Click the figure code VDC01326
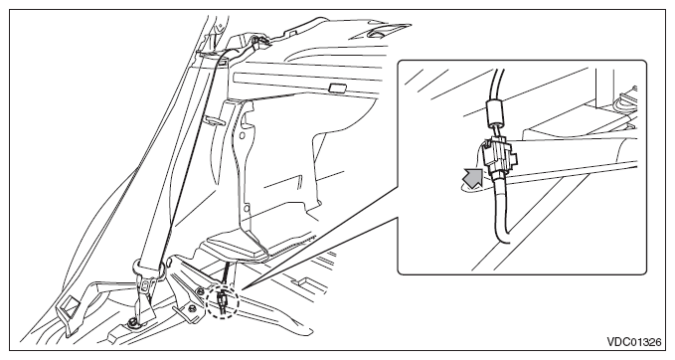point(634,342)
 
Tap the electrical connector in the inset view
point(499,156)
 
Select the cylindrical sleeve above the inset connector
point(494,112)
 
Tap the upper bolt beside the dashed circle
point(201,292)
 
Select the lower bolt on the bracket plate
point(190,308)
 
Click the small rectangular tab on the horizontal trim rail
point(338,89)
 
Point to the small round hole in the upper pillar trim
point(243,135)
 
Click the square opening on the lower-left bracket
point(68,308)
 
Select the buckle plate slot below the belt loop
point(147,284)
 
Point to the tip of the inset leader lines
point(241,288)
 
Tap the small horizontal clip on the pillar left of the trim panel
point(214,120)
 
